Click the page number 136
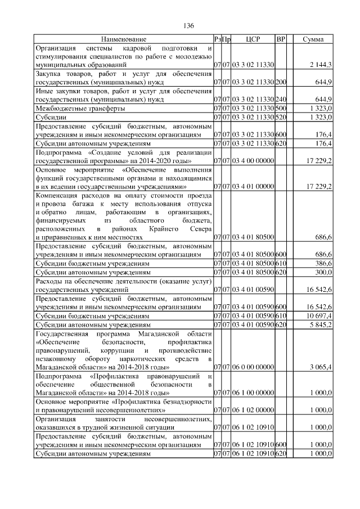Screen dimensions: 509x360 point(188,26)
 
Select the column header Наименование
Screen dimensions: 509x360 point(123,39)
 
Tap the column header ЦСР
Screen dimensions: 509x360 point(253,39)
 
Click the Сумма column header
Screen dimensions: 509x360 point(313,39)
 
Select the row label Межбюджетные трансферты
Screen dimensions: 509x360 point(80,107)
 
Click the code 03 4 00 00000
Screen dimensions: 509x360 point(253,161)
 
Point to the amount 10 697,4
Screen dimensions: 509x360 point(319,317)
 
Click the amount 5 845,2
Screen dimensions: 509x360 point(320,325)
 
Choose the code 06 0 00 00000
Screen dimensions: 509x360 point(253,367)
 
